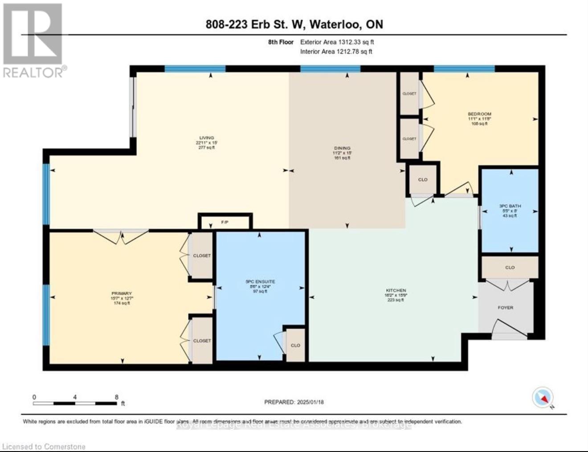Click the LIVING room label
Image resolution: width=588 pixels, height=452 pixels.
click(x=207, y=138)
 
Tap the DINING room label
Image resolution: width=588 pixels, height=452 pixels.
click(x=342, y=148)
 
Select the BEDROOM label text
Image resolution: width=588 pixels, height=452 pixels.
click(x=479, y=114)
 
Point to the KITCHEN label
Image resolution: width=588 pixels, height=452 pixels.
click(x=396, y=290)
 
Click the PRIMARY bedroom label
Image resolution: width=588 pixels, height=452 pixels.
click(x=122, y=293)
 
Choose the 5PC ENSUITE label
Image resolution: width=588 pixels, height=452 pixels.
click(x=260, y=282)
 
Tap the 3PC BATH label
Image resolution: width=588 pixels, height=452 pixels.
click(x=510, y=206)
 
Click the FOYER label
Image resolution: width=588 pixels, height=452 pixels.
click(x=506, y=308)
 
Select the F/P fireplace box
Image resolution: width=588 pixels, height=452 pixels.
click(x=225, y=222)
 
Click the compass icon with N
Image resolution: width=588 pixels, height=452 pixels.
click(x=543, y=398)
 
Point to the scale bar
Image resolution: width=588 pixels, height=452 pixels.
click(x=75, y=403)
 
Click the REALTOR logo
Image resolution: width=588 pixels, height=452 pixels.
click(x=33, y=40)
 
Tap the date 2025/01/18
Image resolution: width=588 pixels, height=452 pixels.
click(x=310, y=402)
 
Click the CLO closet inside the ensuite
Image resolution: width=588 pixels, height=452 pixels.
click(x=295, y=345)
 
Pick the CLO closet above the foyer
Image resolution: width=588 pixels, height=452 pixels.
click(x=510, y=268)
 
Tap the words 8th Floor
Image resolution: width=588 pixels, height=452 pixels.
click(x=281, y=42)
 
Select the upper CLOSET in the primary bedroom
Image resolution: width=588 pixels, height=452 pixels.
click(x=201, y=256)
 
